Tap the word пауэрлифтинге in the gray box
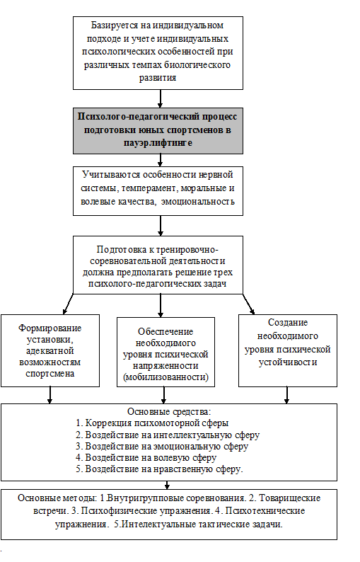click(158, 143)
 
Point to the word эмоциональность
click(198, 202)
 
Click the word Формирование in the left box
click(50, 328)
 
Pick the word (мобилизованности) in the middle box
click(166, 377)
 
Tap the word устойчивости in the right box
click(288, 362)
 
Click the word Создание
click(288, 323)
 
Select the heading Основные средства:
click(169, 412)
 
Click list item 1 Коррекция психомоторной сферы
click(152, 423)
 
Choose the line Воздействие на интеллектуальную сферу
click(168, 435)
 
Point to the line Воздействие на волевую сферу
click(146, 458)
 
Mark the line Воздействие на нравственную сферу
click(159, 469)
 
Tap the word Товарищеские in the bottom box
click(289, 498)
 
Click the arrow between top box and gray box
click(160, 98)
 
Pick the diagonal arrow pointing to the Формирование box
click(68, 304)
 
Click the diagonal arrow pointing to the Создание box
click(248, 304)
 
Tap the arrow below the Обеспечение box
click(163, 396)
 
